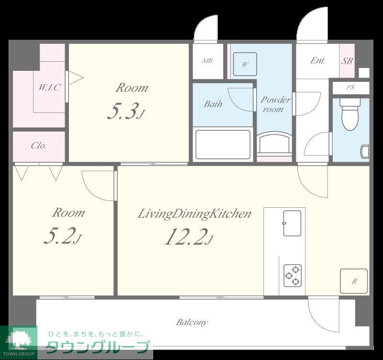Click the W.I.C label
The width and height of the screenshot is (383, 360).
coord(49,87)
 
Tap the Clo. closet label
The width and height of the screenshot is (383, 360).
coord(38,146)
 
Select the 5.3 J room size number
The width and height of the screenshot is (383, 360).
coord(126,111)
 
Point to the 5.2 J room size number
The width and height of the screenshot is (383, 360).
coord(63,236)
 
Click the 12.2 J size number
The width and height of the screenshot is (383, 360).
coord(189,236)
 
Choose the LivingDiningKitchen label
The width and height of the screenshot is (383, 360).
coord(194,214)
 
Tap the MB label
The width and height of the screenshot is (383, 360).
coord(207,61)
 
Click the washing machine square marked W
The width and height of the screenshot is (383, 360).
coord(245,64)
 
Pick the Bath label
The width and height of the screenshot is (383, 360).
coord(213,104)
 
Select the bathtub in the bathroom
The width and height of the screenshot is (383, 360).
coord(223,145)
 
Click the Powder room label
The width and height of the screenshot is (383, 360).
coord(275,104)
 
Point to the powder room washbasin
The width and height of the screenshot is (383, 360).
coord(274,144)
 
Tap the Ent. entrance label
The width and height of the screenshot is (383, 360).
coord(317,60)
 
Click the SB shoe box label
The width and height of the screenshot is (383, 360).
coord(347,61)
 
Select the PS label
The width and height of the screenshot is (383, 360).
coord(350,87)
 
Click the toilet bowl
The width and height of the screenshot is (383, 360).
coord(350,114)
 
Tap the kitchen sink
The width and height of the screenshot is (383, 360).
coord(292,223)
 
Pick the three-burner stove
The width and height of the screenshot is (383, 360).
coord(293,276)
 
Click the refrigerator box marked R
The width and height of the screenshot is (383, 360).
coord(354,281)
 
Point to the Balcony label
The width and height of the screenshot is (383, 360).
coord(192,322)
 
